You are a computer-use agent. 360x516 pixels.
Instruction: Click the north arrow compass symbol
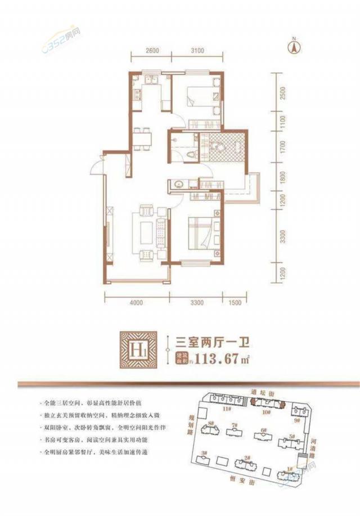click(293, 46)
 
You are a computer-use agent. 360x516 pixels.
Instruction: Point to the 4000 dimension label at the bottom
click(136, 303)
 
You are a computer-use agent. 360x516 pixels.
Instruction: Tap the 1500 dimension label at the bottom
click(235, 303)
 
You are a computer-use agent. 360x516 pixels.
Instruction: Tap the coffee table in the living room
click(145, 231)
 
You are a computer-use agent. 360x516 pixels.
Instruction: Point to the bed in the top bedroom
click(197, 96)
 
